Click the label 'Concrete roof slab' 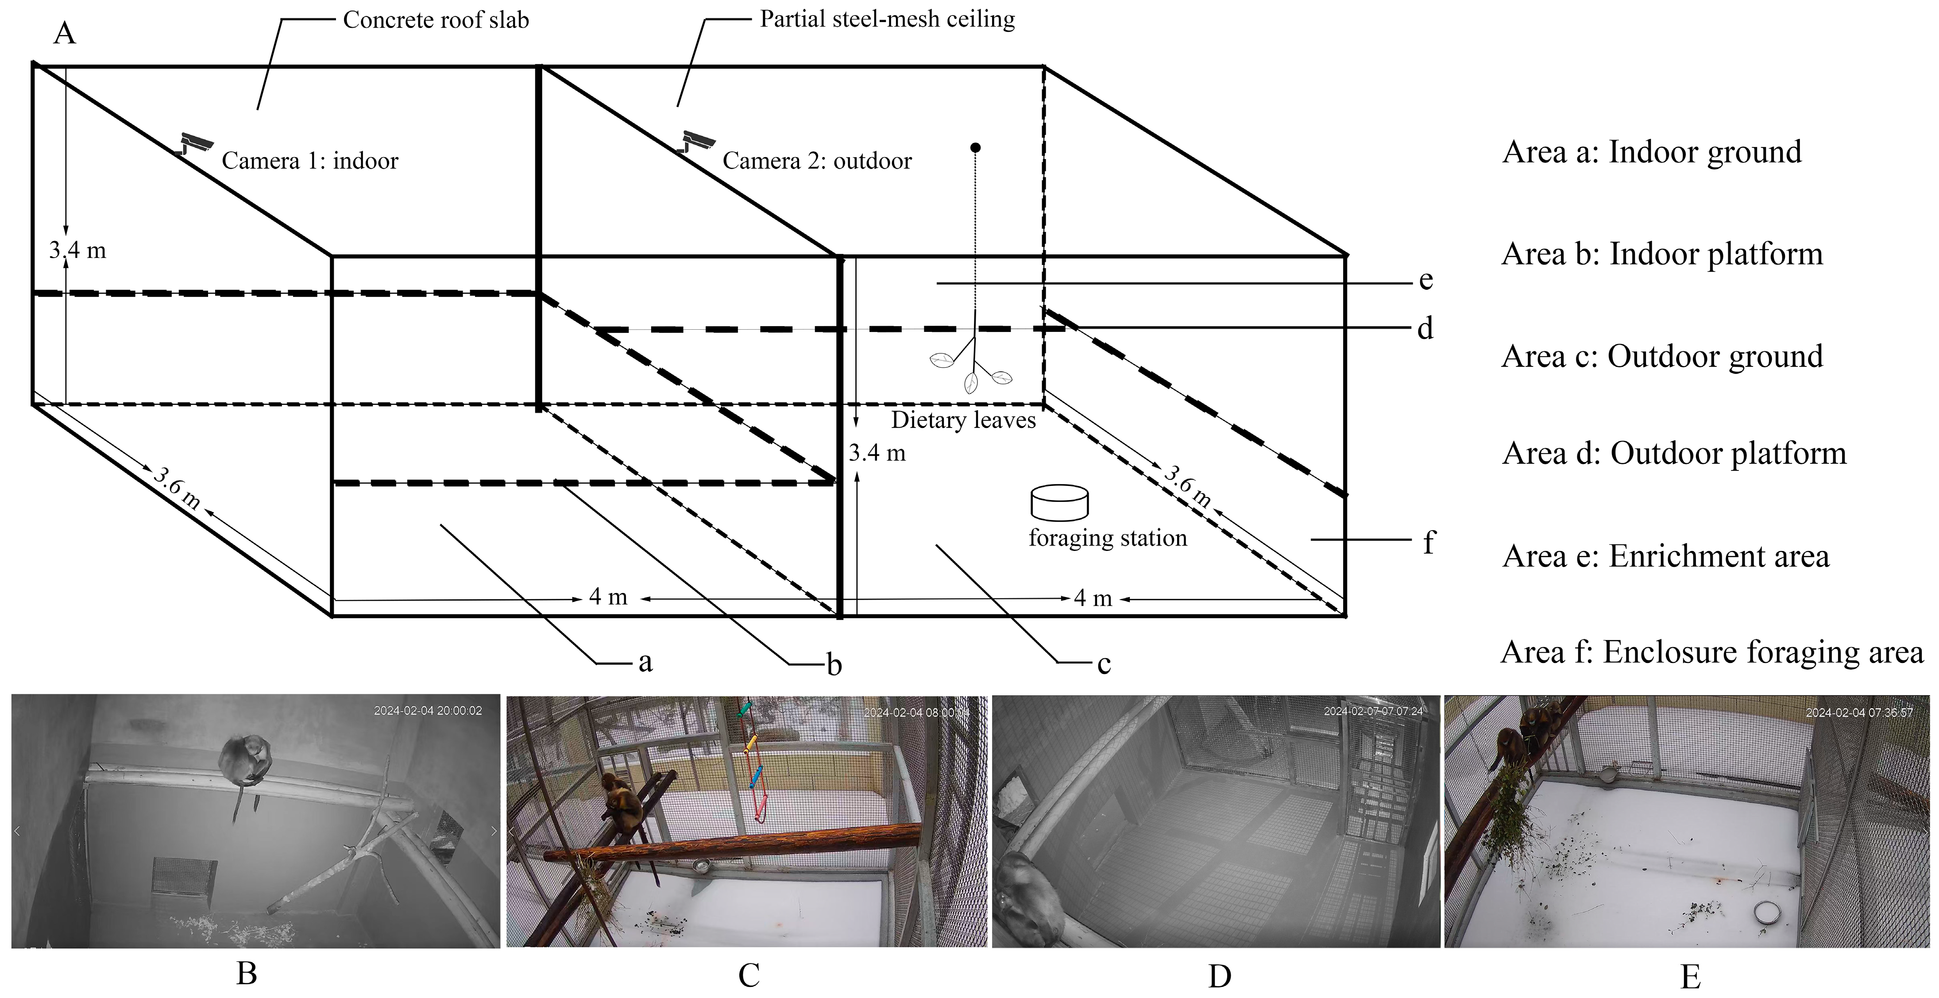435,19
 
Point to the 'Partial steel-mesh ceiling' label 887,19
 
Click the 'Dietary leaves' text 963,420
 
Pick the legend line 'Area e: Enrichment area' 1665,556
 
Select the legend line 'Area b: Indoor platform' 1662,254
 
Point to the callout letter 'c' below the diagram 1104,664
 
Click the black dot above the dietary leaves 976,147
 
